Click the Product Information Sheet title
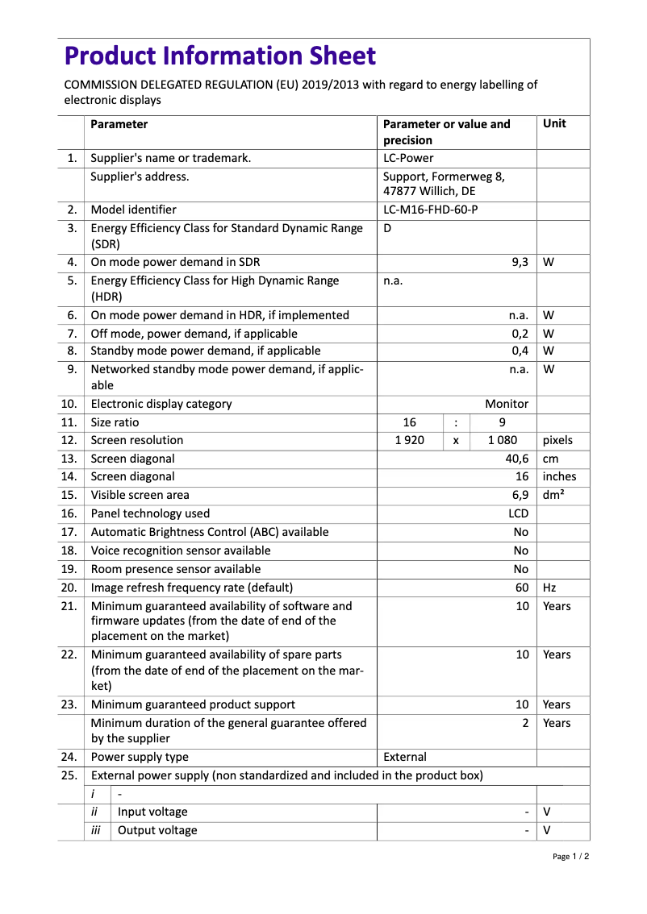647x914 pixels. point(219,56)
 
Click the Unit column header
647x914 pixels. point(554,124)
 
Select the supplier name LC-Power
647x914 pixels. point(408,158)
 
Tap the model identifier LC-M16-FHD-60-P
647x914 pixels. point(436,210)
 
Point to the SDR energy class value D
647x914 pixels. point(387,228)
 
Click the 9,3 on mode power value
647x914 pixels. point(520,262)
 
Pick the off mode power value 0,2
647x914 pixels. point(520,334)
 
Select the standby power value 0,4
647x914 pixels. point(520,351)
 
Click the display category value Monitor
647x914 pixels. point(507,404)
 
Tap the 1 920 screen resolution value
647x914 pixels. point(409,441)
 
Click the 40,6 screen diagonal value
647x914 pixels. point(516,459)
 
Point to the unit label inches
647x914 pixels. point(559,477)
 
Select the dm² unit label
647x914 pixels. point(553,495)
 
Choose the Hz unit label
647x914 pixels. point(549,588)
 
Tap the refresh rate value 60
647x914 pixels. point(522,588)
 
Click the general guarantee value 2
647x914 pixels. point(525,723)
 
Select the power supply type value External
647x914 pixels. point(405,757)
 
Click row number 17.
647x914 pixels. point(69,532)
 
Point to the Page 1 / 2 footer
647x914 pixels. point(570,857)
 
